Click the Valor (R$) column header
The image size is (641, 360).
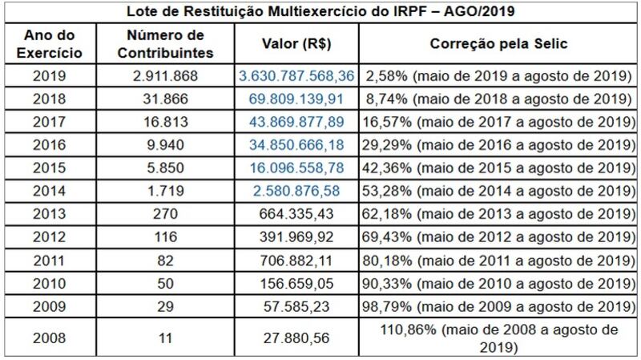pos(295,44)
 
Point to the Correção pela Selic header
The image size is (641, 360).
pos(498,44)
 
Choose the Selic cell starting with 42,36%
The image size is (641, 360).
pos(498,168)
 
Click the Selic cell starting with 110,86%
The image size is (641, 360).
pos(498,337)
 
